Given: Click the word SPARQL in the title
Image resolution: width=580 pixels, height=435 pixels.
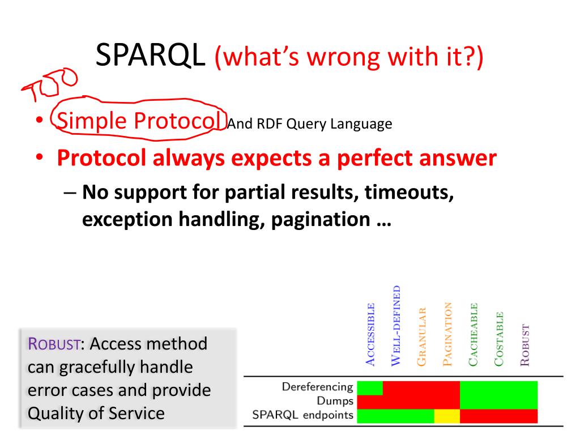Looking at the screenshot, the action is point(150,55).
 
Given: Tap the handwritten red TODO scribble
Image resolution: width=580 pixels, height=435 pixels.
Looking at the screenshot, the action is point(50,84).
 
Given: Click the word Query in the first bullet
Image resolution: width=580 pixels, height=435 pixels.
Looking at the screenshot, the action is point(306,124).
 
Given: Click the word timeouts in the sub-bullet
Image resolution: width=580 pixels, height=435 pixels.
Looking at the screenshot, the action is point(409,193).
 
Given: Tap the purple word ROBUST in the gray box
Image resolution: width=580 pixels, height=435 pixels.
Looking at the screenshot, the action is point(54,344).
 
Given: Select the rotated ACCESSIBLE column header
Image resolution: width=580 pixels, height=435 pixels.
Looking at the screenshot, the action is point(370,335).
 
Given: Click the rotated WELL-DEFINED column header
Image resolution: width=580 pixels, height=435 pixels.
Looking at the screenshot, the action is point(396,326).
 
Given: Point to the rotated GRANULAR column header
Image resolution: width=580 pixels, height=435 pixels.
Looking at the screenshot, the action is point(421,337).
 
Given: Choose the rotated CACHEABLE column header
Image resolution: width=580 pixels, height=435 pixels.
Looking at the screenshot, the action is point(473,335).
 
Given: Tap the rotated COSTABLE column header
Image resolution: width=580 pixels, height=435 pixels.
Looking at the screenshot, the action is point(499,339).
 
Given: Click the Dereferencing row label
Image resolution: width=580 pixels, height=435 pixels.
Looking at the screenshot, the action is point(317,387).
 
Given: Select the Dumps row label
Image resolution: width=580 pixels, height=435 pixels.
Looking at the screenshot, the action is point(335,401).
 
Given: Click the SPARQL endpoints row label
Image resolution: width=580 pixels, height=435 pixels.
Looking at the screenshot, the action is point(302,415).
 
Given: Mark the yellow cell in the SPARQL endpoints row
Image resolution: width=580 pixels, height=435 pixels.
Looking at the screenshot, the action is point(447,416).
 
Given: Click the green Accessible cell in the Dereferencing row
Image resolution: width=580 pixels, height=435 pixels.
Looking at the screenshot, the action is point(370,388).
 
